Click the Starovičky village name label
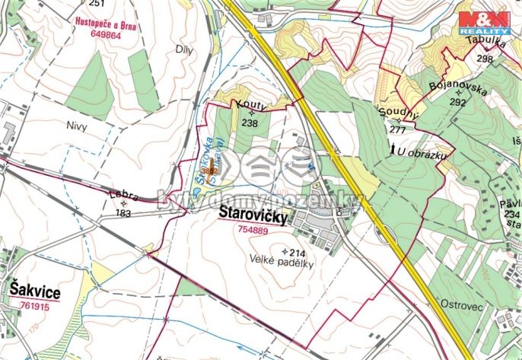[253, 215]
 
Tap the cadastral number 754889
[253, 230]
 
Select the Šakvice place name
[34, 289]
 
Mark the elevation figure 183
[123, 214]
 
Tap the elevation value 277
[397, 129]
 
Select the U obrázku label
[421, 151]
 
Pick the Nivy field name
[78, 126]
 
